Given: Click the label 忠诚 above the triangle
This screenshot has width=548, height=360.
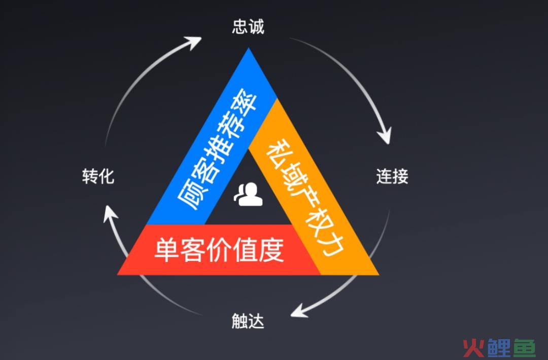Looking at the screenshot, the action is tap(248, 26).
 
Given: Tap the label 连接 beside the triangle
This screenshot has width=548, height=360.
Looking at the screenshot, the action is tap(392, 176).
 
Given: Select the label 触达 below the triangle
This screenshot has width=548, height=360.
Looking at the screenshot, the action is tap(248, 321).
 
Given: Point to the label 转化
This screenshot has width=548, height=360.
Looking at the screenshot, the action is tap(98, 176).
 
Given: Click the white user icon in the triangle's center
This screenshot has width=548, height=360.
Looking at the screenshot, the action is tap(249, 194).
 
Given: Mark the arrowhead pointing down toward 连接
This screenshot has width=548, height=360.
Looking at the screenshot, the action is tap(385, 136).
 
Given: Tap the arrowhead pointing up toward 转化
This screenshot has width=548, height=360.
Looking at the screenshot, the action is tap(110, 213).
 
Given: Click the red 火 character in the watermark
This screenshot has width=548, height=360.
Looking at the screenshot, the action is tap(474, 348).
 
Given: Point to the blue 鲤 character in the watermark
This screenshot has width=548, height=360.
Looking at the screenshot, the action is tap(499, 348).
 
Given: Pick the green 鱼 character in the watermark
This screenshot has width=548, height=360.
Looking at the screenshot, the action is tap(524, 348).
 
